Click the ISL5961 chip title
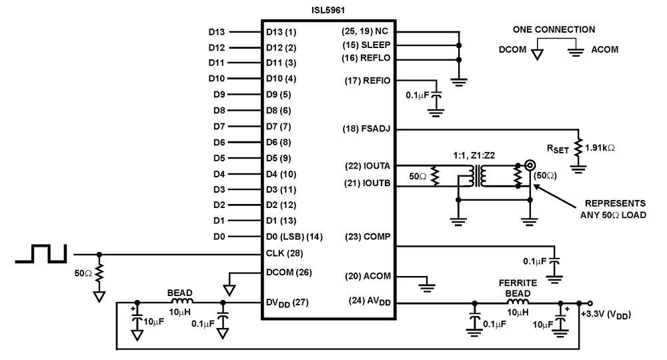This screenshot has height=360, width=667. [x=327, y=10]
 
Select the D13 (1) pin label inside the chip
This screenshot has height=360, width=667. [x=281, y=32]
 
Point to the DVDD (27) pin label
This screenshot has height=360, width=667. [x=287, y=303]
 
